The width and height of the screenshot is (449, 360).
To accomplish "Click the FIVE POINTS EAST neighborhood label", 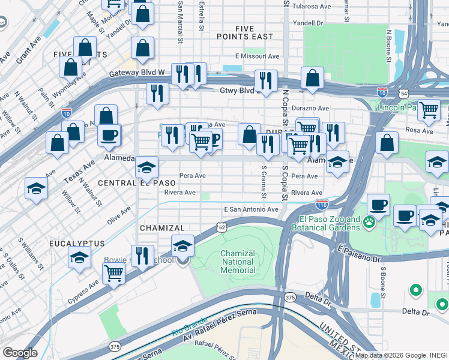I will tap(254, 32).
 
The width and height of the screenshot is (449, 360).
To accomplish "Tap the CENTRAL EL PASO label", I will tap(137, 182).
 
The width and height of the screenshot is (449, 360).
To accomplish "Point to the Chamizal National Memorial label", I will tap(238, 262).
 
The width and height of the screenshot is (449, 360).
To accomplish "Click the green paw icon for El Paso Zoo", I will tap(369, 223).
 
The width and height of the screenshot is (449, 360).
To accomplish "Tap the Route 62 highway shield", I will tap(222, 227).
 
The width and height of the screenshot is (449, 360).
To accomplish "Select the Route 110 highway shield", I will tap(322, 205).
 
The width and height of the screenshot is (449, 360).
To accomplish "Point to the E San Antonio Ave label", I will tap(251, 209).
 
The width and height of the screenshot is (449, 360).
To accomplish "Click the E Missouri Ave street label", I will tap(257, 56).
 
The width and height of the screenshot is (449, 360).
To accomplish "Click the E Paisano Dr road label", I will tap(359, 252).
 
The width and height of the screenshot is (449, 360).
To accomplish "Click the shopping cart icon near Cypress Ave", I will tap(113, 273).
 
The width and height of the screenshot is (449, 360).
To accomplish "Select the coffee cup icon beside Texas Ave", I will tap(109, 134).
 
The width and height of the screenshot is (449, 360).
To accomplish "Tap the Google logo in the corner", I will tap(20, 353).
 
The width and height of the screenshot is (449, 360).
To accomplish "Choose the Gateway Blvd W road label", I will tap(137, 73).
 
